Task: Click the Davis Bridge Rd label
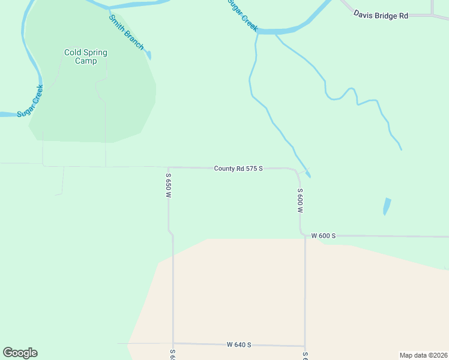tap(381, 14)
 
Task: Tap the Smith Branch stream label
tap(126, 32)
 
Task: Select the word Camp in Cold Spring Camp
tap(86, 61)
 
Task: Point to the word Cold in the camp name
tap(73, 52)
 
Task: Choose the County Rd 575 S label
tap(238, 169)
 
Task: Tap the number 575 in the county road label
tap(251, 169)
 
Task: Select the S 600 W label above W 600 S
tap(300, 201)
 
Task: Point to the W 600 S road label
tap(323, 236)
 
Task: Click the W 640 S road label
tap(239, 344)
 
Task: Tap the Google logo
tap(20, 353)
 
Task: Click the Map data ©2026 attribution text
tap(423, 355)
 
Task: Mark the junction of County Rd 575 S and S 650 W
tap(169, 168)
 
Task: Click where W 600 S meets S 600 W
tap(302, 236)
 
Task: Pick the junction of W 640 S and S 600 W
tap(305, 346)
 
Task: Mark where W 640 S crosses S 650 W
tap(173, 344)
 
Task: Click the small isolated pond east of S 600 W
tap(387, 206)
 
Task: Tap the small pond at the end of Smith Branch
tap(149, 55)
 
